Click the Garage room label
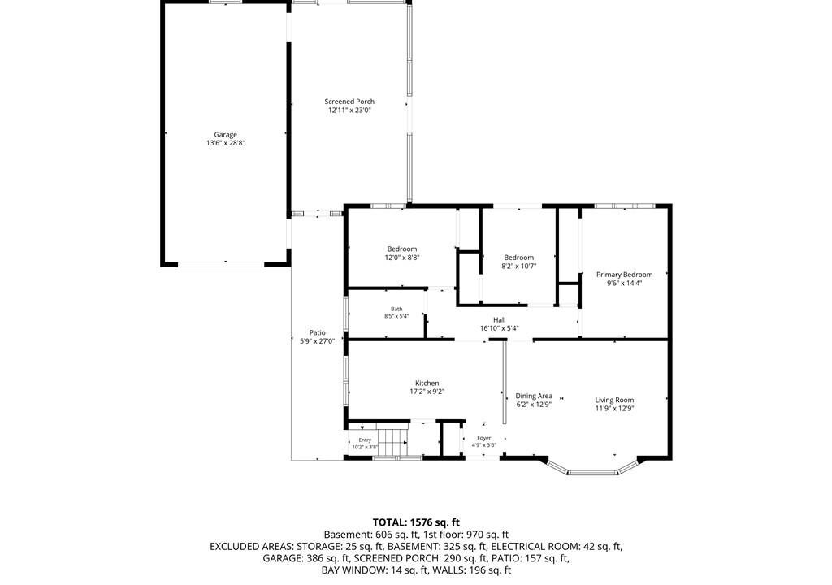click(226, 135)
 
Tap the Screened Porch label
click(349, 102)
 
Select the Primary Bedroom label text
click(625, 275)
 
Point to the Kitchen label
click(427, 383)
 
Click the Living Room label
click(614, 401)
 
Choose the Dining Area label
click(534, 396)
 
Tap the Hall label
click(500, 320)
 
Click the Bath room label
click(396, 309)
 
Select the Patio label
click(318, 333)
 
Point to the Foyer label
click(484, 438)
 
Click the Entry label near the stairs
click(365, 440)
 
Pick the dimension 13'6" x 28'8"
click(226, 143)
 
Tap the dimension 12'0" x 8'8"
click(402, 258)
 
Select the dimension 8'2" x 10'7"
click(519, 266)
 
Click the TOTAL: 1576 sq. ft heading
click(416, 522)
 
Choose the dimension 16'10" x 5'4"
click(500, 328)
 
